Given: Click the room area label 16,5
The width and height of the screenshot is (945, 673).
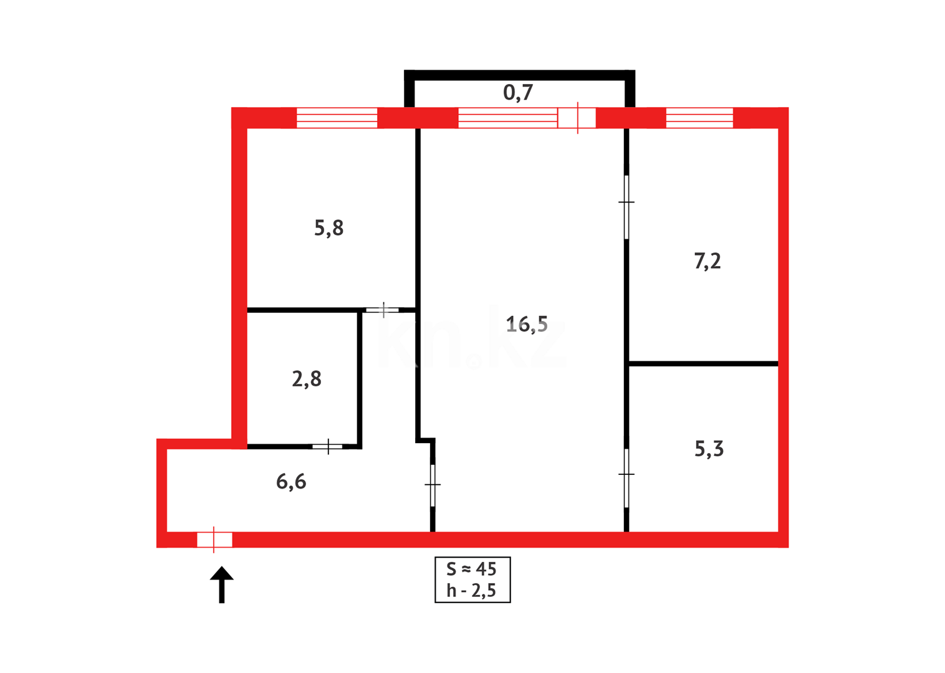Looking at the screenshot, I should [x=527, y=324].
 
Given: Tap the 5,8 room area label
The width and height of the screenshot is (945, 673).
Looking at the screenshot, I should [x=329, y=228].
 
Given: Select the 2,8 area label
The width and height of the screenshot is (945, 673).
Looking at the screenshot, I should [x=307, y=379].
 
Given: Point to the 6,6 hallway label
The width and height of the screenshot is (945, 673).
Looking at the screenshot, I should [x=291, y=482].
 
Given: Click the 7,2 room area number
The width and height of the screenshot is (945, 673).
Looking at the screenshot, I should [x=708, y=260].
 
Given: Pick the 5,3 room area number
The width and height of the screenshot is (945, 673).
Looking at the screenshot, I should [x=709, y=449].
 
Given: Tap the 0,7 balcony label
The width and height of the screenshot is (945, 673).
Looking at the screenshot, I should [x=518, y=93].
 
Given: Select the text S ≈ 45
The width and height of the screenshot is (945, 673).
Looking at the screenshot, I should [x=471, y=569].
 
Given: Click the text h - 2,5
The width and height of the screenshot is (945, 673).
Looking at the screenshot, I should [x=471, y=590].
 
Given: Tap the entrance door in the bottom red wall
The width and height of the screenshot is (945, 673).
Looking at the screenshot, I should [x=214, y=540].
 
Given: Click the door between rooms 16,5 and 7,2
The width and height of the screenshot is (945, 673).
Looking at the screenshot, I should [x=626, y=206].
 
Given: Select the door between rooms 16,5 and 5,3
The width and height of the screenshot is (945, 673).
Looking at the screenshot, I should [x=626, y=478].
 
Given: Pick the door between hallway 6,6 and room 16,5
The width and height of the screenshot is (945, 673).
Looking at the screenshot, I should [x=433, y=485].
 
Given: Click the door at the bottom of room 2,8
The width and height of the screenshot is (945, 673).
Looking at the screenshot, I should [x=327, y=446].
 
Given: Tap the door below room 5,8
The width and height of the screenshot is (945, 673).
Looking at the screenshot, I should [x=382, y=310].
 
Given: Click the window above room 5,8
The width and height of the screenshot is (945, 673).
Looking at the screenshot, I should [x=337, y=118].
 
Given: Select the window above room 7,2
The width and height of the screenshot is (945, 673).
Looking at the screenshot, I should [x=699, y=118].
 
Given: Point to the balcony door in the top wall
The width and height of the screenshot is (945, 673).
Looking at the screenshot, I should [x=577, y=118].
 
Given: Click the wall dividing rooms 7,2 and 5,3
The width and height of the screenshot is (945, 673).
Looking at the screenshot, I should [x=703, y=363].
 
